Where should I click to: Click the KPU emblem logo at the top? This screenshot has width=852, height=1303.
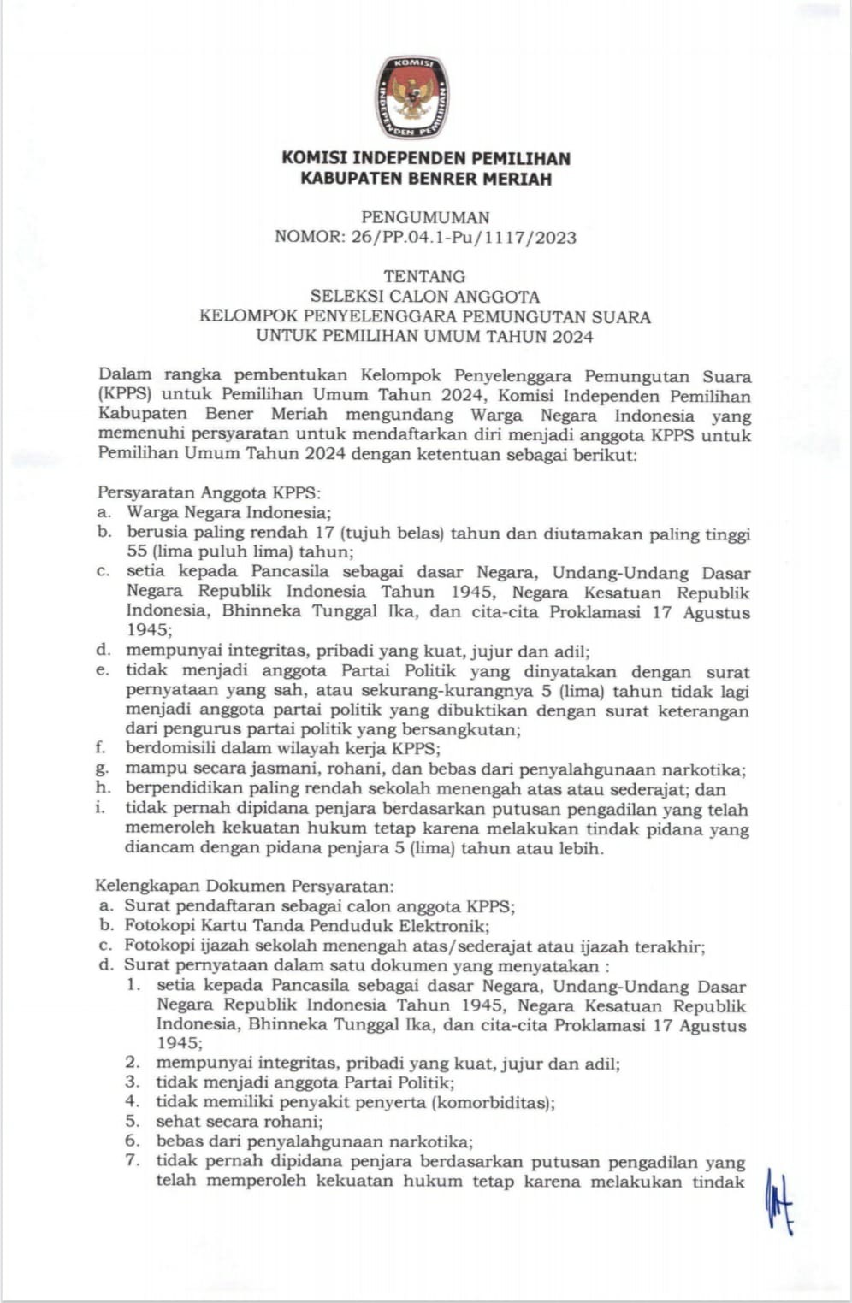pos(411,98)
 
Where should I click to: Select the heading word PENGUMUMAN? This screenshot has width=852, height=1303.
pos(425,217)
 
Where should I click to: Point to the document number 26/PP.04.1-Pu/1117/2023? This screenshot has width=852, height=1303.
pos(463,238)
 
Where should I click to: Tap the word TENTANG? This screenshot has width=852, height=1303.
pos(424,276)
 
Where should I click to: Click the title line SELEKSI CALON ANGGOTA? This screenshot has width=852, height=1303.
pos(424,297)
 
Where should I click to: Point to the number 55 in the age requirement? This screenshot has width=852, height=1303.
pos(137,552)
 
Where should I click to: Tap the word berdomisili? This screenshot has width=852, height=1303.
pos(169,749)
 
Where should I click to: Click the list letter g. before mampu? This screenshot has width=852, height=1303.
pos(103,769)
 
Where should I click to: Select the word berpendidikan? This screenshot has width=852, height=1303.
pos(183,788)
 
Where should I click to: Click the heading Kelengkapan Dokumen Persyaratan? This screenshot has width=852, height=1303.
pos(244,886)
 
